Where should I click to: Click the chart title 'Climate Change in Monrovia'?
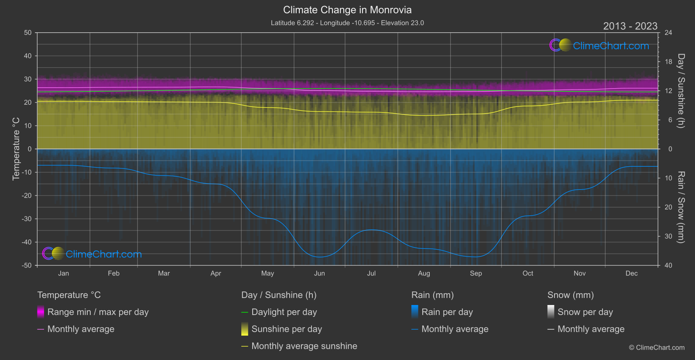[347, 10]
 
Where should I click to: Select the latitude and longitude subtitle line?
[347, 23]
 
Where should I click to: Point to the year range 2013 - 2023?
[630, 26]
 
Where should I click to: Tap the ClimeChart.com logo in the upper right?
[599, 45]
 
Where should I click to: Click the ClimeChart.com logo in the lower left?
[92, 254]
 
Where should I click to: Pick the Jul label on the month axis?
[371, 274]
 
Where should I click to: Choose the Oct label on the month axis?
[528, 274]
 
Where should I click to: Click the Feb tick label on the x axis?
[113, 274]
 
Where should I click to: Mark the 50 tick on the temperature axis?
[28, 33]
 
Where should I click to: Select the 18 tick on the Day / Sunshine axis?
[668, 62]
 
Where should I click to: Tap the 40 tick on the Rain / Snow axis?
[668, 265]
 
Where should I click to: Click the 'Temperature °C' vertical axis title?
[16, 149]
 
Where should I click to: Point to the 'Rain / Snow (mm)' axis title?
[681, 207]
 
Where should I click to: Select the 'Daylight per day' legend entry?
[284, 312]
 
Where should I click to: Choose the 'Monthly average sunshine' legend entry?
[304, 346]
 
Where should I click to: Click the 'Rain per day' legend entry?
[447, 312]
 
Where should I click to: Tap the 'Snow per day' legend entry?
[585, 312]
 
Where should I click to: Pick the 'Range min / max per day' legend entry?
[98, 312]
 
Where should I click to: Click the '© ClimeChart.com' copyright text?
[657, 348]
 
